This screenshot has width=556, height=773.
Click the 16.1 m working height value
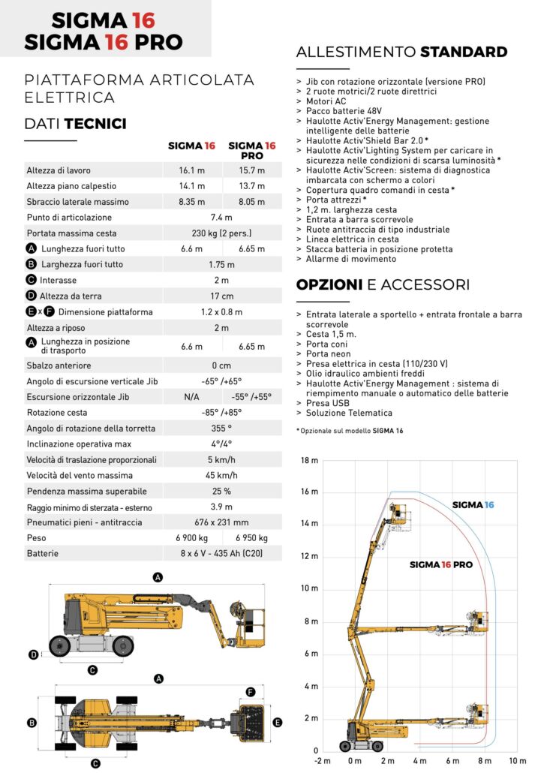192,170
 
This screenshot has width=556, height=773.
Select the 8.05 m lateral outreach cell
251,202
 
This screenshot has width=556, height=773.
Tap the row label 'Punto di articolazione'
69,218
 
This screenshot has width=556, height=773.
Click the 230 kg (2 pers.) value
222,233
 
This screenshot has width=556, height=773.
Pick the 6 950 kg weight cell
251,538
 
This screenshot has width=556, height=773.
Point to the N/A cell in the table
192,397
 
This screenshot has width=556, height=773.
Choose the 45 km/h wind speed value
222,475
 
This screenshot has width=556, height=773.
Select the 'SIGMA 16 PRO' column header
251,150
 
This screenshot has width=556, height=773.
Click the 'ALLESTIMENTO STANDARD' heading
401,52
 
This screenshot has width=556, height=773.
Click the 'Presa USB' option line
328,404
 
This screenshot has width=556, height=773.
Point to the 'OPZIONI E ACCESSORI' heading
383,285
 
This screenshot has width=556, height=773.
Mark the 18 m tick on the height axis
309,459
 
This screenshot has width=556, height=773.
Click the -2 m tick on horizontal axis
323,761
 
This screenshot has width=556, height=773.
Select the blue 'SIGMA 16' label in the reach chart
473,505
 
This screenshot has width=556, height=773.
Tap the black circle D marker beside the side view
33,655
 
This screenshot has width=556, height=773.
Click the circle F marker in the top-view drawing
251,691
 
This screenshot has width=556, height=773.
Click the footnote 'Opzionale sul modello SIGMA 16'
350,431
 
